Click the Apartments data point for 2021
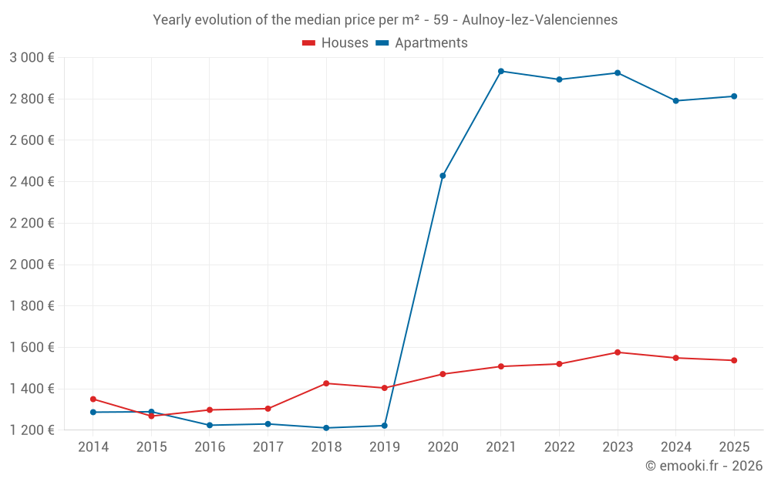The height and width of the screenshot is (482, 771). tap(501, 71)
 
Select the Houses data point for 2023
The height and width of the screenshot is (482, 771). tap(618, 352)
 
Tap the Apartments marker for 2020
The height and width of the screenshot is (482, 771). tap(443, 176)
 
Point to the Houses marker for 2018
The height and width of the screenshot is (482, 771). tap(326, 383)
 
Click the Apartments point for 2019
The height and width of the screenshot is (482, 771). tap(385, 426)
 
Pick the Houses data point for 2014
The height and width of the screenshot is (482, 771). tap(93, 399)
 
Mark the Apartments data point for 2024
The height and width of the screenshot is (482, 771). tap(676, 101)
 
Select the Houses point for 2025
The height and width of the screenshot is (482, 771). tap(734, 360)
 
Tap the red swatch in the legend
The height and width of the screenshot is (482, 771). tap(309, 43)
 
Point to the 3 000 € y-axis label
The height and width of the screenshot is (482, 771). tap(32, 58)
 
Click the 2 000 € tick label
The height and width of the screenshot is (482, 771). tap(32, 265)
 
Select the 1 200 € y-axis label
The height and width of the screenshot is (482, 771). tap(32, 430)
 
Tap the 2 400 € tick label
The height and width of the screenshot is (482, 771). tap(32, 182)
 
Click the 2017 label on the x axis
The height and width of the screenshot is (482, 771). tap(268, 447)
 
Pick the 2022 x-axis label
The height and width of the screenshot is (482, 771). tap(559, 447)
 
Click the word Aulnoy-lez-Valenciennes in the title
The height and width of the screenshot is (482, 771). tap(540, 20)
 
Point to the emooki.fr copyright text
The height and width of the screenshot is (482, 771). tap(704, 466)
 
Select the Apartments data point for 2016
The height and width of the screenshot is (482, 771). tap(210, 425)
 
